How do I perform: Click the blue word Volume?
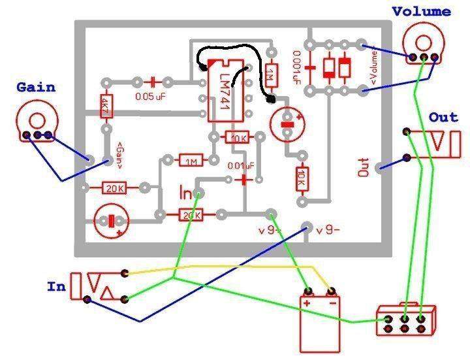pos(421,11)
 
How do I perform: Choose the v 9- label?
pos(329,231)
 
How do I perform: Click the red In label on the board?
pos(187,193)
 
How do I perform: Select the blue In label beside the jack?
pos(55,286)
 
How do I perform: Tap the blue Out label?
pos(443,118)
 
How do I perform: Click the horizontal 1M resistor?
pos(192,161)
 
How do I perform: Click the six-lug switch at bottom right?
pos(405,319)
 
